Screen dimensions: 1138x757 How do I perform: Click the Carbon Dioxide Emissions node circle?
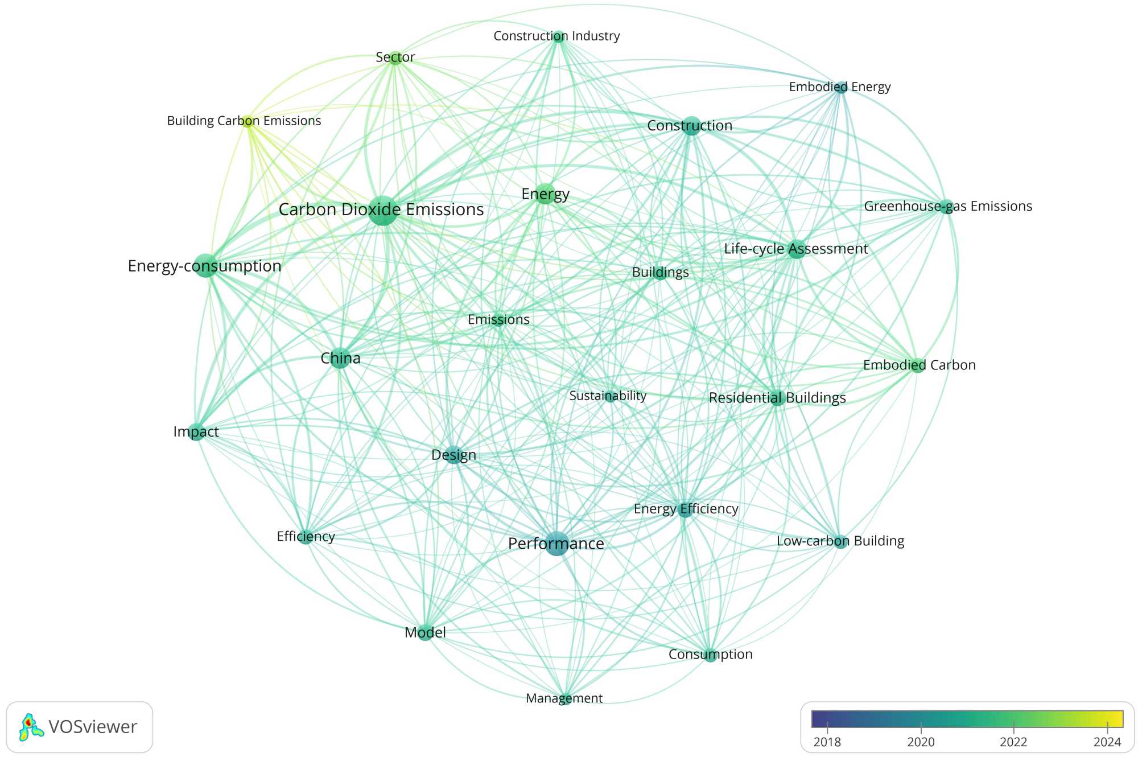(x=383, y=211)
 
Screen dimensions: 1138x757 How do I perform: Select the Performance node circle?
(x=556, y=544)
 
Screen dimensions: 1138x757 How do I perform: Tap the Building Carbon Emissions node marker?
(x=248, y=121)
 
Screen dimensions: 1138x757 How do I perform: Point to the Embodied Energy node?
(x=840, y=88)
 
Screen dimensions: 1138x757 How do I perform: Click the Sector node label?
(x=395, y=57)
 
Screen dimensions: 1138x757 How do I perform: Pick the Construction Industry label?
(x=556, y=36)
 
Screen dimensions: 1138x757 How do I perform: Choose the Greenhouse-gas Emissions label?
(x=948, y=206)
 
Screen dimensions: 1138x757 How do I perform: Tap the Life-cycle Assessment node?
(x=797, y=249)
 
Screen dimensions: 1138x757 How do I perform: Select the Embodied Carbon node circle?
(x=917, y=365)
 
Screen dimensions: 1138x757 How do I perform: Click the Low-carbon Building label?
(x=840, y=541)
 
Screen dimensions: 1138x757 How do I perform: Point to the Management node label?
(x=564, y=698)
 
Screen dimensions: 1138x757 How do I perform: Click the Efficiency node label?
(x=306, y=536)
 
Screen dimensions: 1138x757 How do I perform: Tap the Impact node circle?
(x=196, y=432)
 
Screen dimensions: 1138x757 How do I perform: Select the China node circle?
(x=340, y=358)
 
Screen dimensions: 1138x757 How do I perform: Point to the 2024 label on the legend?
(x=1107, y=742)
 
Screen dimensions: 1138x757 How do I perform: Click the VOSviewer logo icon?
(x=31, y=727)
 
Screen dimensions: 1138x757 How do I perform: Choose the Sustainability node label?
(x=608, y=396)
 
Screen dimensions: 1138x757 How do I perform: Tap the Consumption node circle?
(x=710, y=655)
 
